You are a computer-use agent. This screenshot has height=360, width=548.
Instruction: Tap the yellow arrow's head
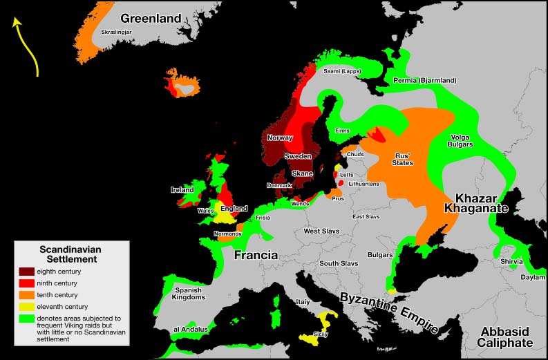pos(16,21)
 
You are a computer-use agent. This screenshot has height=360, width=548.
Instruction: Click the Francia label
pos(256,255)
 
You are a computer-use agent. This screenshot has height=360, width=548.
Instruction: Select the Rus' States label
pos(403,159)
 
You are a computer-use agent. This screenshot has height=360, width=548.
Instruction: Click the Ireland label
pos(182,189)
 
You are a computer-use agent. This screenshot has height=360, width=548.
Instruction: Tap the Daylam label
pos(532,277)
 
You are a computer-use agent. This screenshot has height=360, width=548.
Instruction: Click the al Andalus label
pos(191,330)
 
